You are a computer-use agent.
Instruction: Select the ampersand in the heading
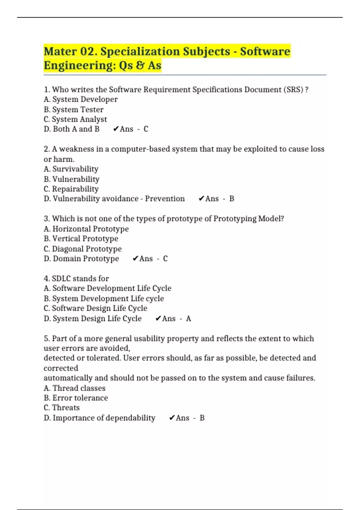140,65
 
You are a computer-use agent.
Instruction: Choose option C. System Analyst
75,119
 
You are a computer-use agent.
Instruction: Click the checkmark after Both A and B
116,129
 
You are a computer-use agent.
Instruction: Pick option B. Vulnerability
71,179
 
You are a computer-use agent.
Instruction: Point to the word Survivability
75,169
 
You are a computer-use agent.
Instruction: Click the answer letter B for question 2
232,199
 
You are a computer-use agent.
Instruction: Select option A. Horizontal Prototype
86,229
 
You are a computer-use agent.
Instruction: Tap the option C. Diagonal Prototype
82,249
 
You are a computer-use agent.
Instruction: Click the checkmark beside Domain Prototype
136,259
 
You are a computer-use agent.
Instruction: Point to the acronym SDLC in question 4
61,278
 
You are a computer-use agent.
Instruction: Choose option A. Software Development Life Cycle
107,288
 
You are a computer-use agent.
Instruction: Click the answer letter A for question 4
188,318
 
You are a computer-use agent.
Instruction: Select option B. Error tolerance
76,398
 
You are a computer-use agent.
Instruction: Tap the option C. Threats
61,407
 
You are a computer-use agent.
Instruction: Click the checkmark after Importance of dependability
172,418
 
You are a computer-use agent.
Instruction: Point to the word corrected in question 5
61,368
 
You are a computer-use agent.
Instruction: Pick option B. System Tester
73,109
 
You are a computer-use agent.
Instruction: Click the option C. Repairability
71,189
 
